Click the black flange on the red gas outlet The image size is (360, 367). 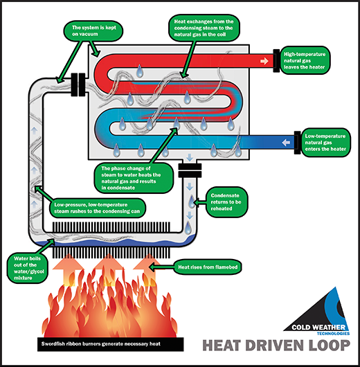click(x=278, y=60)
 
